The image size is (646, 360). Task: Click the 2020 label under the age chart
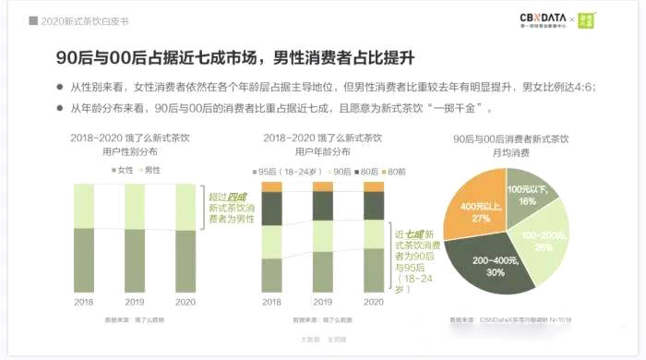click(374, 301)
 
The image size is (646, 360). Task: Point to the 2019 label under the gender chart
click(135, 301)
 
